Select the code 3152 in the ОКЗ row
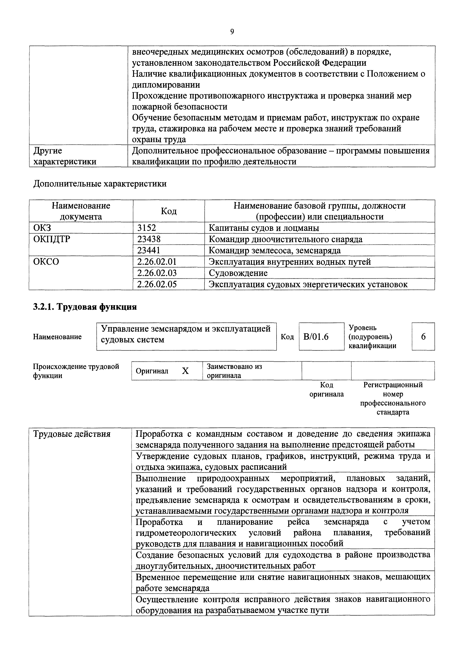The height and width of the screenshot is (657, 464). (x=147, y=228)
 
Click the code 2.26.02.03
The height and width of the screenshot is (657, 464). (x=157, y=273)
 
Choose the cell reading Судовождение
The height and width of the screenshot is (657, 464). (x=238, y=273)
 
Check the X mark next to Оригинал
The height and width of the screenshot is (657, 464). (x=185, y=371)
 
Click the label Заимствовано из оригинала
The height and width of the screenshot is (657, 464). (x=235, y=371)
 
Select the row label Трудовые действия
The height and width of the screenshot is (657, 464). (x=72, y=434)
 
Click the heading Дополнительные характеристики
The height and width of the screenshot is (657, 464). (x=100, y=183)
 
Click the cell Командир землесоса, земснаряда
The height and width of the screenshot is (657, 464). (x=275, y=250)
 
